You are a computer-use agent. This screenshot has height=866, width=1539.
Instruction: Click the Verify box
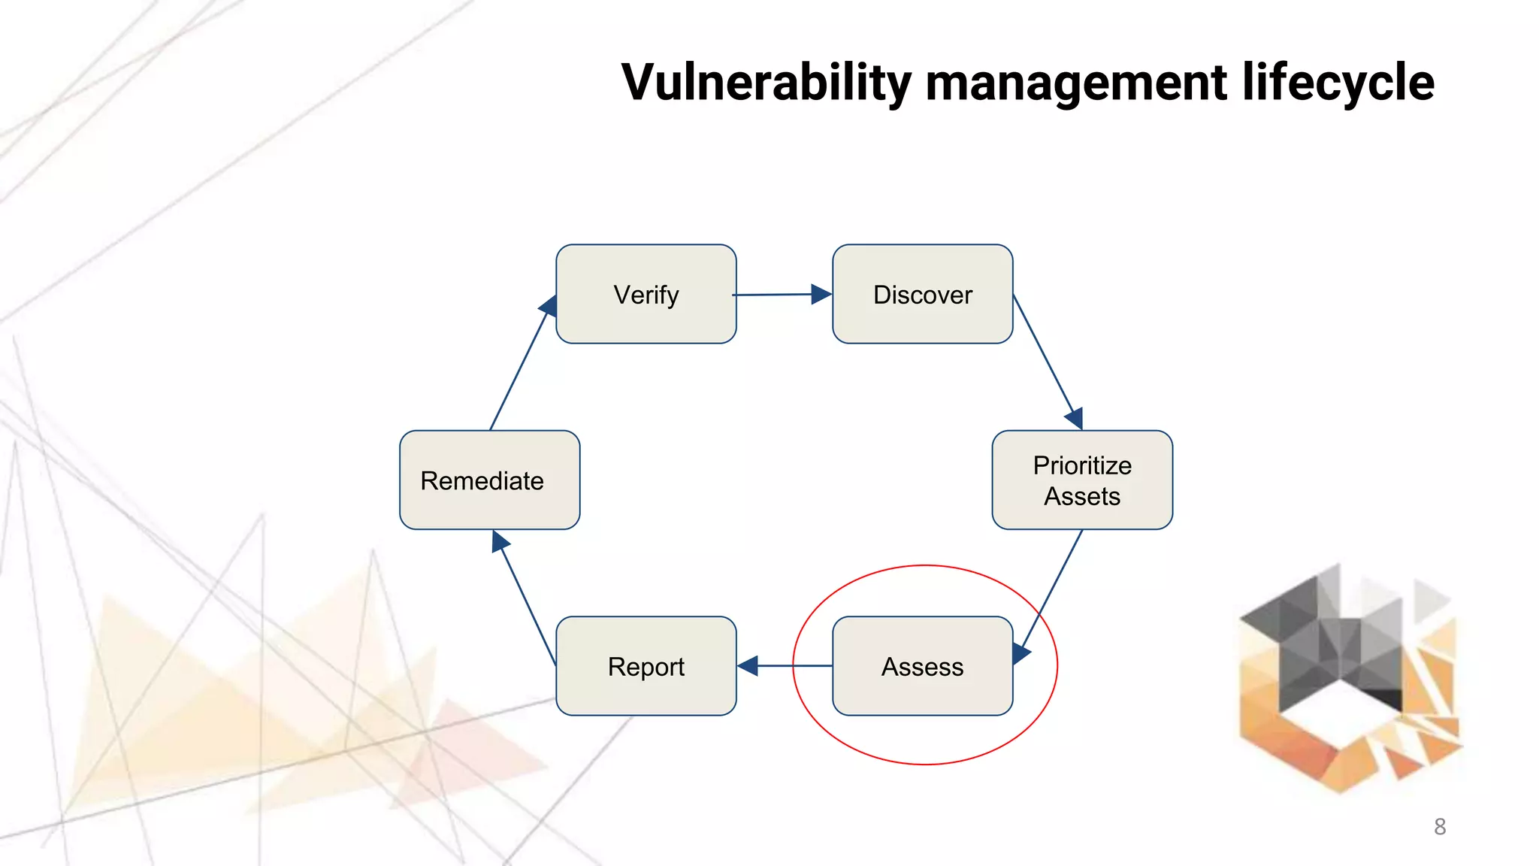pos(646,294)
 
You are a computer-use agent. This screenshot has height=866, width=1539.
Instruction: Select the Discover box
pos(922,294)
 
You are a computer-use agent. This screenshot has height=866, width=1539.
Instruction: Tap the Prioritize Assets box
pos(1082,480)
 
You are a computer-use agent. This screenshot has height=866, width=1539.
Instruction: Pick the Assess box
pos(922,666)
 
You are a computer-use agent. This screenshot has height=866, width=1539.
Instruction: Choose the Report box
pos(646,666)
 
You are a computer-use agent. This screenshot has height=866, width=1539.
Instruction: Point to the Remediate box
pos(489,480)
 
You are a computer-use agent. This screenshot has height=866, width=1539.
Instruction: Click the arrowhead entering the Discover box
pos(821,294)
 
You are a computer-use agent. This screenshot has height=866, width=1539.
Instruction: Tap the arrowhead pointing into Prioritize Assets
pos(1075,418)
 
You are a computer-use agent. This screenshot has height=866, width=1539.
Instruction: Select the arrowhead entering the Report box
pos(748,666)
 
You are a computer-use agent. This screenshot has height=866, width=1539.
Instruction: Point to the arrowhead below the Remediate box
pos(500,541)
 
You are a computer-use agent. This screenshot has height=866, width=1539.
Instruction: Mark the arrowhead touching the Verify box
pos(549,306)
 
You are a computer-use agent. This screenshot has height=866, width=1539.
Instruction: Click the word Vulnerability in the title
pos(766,83)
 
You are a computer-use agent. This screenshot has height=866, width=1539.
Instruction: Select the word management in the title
pos(1076,83)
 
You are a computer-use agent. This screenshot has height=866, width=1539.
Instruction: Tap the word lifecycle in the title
pos(1338,83)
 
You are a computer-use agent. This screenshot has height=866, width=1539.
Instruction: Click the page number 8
pos(1440,827)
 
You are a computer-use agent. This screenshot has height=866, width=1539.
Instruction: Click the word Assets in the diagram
pos(1082,497)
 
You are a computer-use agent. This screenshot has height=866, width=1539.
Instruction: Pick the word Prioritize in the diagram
pos(1082,465)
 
